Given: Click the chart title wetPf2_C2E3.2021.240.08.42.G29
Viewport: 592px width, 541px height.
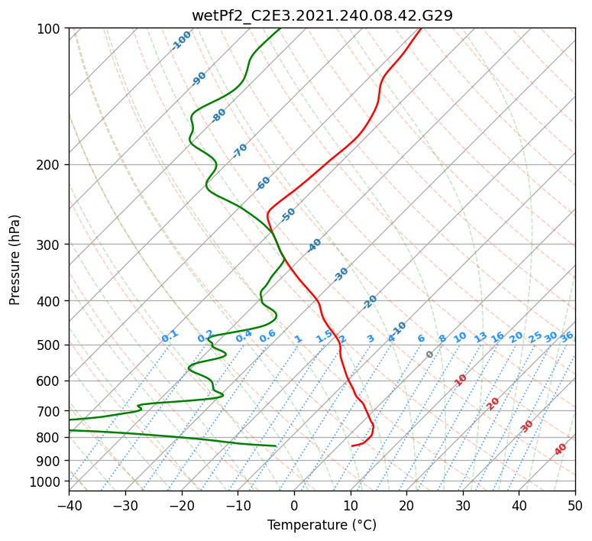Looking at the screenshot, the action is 322,15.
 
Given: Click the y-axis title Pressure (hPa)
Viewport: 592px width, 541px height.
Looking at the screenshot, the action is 15,260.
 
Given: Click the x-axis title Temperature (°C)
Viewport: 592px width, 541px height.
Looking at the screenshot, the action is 322,525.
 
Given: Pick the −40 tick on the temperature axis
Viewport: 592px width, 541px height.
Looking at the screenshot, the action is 69,505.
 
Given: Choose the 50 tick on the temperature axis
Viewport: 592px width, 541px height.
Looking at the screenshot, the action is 575,505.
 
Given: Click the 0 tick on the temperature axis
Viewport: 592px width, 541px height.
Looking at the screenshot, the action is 295,505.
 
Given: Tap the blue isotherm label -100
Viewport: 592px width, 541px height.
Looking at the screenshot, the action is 181,40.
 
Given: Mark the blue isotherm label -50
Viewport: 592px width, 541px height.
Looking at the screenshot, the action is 288,215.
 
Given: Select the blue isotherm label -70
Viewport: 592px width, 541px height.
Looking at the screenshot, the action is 240,151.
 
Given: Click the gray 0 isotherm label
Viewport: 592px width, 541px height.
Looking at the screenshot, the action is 429,355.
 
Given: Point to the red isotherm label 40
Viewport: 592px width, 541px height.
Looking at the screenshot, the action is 561,449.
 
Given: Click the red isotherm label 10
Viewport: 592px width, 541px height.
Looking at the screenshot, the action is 461,380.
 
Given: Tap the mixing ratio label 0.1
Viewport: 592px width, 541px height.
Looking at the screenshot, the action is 170,336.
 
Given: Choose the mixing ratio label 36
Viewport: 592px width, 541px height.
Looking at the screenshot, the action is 567,338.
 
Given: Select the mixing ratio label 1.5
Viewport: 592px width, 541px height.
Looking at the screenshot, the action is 325,336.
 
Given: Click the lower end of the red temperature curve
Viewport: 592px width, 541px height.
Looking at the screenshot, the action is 352,446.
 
